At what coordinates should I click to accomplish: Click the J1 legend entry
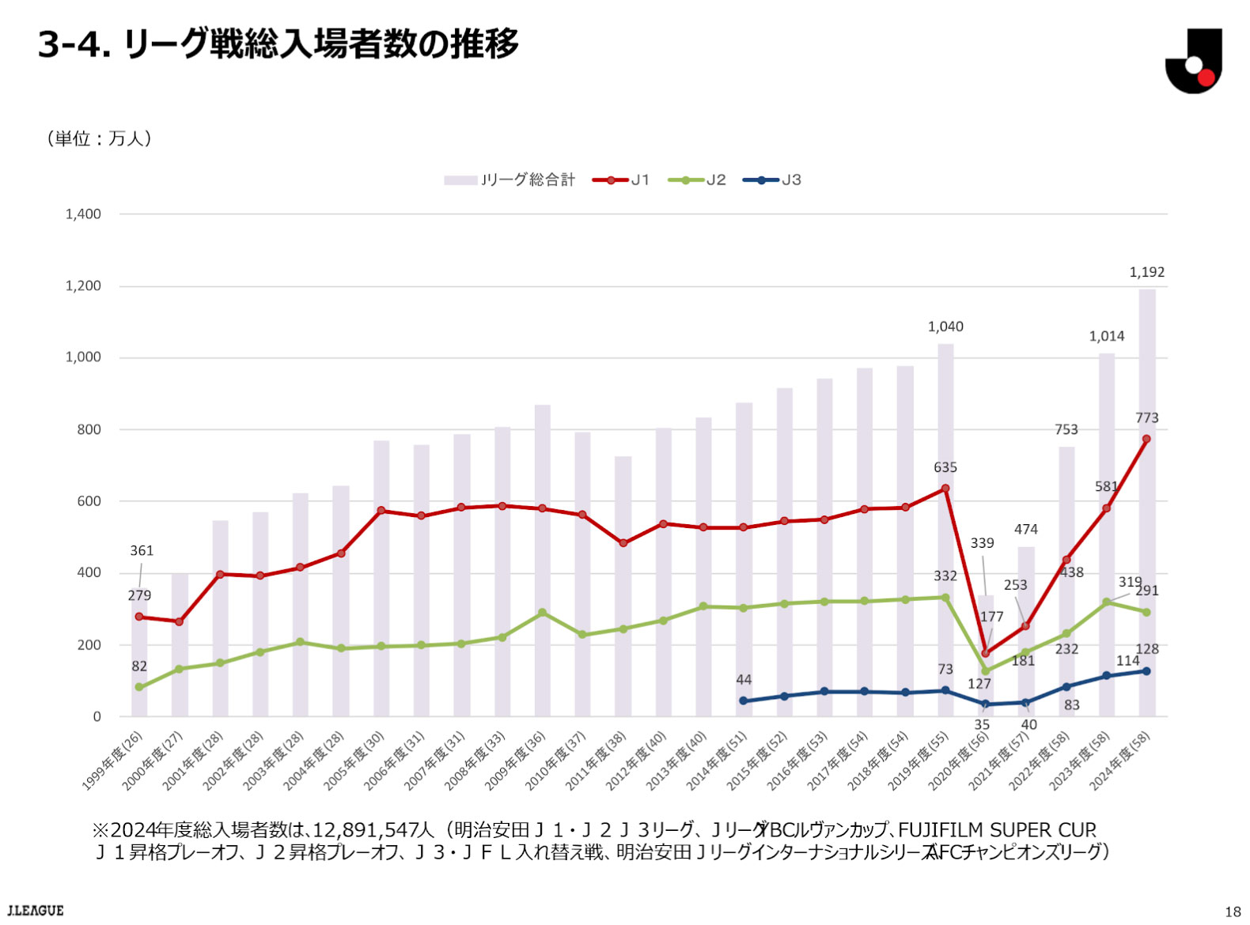point(621,180)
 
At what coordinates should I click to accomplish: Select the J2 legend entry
point(697,180)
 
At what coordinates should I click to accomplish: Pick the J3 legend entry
point(772,180)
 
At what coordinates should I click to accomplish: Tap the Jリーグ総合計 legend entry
point(510,180)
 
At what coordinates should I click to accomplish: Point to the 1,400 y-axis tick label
point(83,214)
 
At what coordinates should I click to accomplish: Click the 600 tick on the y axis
point(89,501)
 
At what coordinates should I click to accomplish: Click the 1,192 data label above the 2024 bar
point(1146,273)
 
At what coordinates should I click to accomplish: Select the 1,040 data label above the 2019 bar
point(945,327)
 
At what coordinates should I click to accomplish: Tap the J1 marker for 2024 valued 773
point(1146,440)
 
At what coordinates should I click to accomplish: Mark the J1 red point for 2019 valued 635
point(945,489)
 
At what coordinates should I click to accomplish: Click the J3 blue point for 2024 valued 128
point(1146,671)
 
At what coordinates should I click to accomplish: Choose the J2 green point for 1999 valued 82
point(139,687)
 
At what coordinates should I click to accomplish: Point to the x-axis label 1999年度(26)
point(113,760)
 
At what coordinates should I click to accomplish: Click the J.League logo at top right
point(1193,61)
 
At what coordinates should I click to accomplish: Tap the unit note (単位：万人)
point(100,139)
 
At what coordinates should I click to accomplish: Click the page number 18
point(1233,912)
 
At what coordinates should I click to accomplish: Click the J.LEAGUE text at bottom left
point(36,911)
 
